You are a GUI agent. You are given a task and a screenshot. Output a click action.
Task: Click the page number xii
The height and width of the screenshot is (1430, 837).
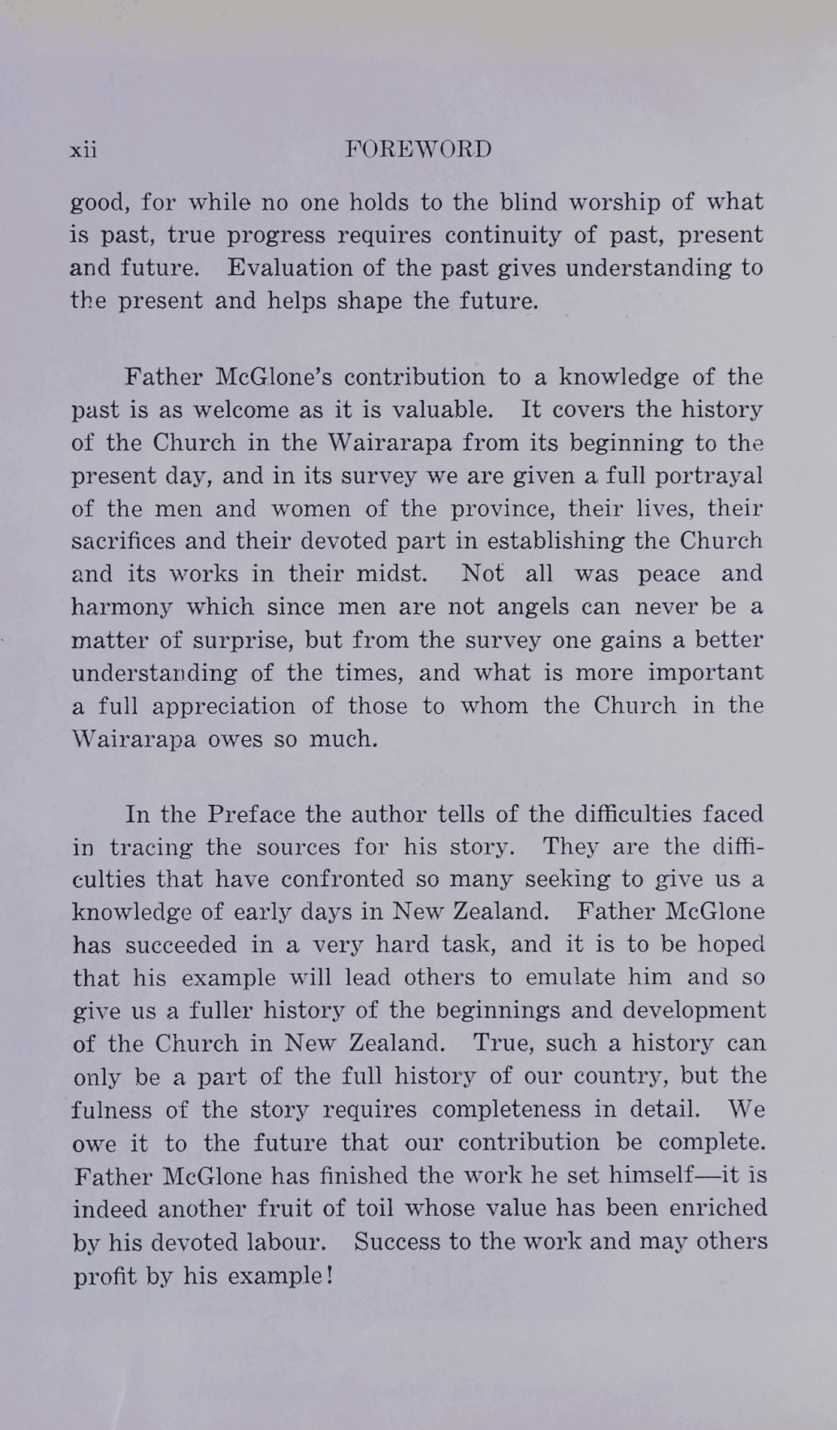83,150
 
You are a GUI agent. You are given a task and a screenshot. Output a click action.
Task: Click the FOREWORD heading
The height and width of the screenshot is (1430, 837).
418,149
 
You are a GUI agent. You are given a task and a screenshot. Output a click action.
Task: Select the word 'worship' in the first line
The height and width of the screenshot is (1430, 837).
615,203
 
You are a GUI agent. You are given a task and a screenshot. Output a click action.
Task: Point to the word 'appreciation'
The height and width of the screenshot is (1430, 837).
224,706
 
